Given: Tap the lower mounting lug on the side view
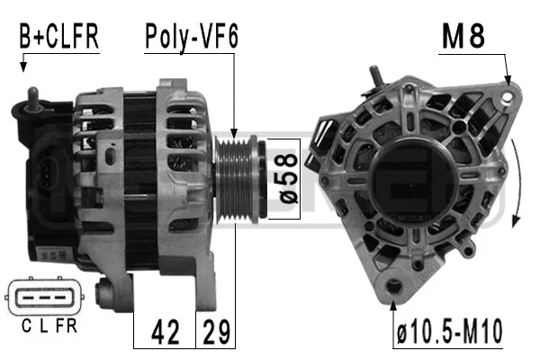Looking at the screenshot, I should (108, 293).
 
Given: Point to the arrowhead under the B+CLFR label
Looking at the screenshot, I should (23, 67).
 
